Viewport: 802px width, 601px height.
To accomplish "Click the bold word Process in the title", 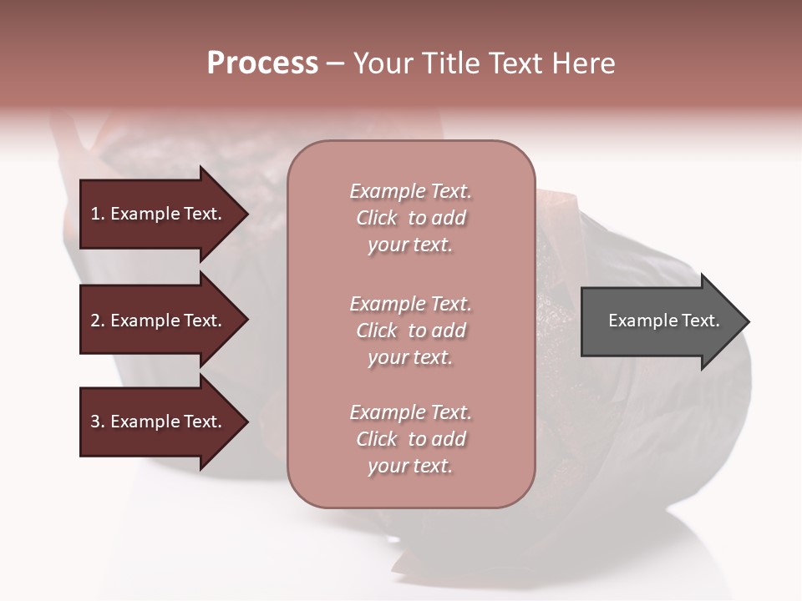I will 262,63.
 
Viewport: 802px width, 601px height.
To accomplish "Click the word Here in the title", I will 584,63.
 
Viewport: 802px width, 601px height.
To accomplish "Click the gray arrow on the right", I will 660,321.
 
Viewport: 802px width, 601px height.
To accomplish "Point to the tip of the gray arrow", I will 747,321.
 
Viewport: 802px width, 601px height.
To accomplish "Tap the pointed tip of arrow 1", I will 246,214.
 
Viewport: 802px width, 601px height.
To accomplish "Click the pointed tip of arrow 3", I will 246,422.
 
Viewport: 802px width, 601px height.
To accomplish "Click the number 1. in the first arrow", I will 98,214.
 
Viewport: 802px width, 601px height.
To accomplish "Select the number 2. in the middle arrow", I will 98,321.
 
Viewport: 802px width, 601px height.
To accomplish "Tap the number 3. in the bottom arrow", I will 98,422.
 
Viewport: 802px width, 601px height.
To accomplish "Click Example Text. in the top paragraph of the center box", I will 410,191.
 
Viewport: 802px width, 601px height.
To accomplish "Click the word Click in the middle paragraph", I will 377,331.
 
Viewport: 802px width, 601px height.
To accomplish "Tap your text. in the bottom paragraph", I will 410,466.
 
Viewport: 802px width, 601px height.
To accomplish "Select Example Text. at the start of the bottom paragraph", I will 410,412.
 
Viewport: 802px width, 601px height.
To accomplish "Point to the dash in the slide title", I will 336,64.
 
